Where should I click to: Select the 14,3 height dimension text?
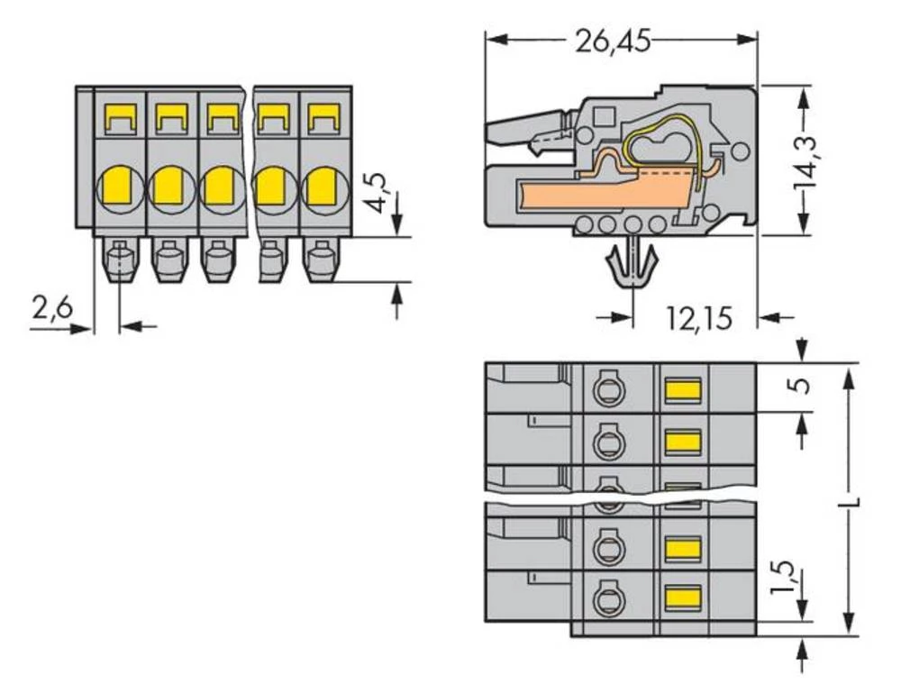(x=804, y=160)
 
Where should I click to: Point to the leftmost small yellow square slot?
(x=119, y=116)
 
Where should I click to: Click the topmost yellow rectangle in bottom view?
(x=682, y=389)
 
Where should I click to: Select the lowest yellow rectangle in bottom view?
(x=682, y=594)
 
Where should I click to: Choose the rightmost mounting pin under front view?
(x=320, y=260)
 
